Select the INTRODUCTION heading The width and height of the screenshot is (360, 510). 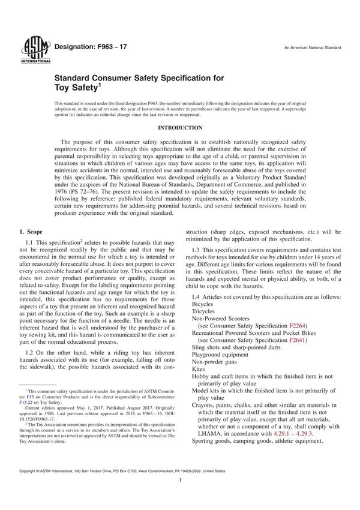tap(180, 128)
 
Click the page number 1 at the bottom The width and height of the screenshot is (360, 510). tap(180, 497)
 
